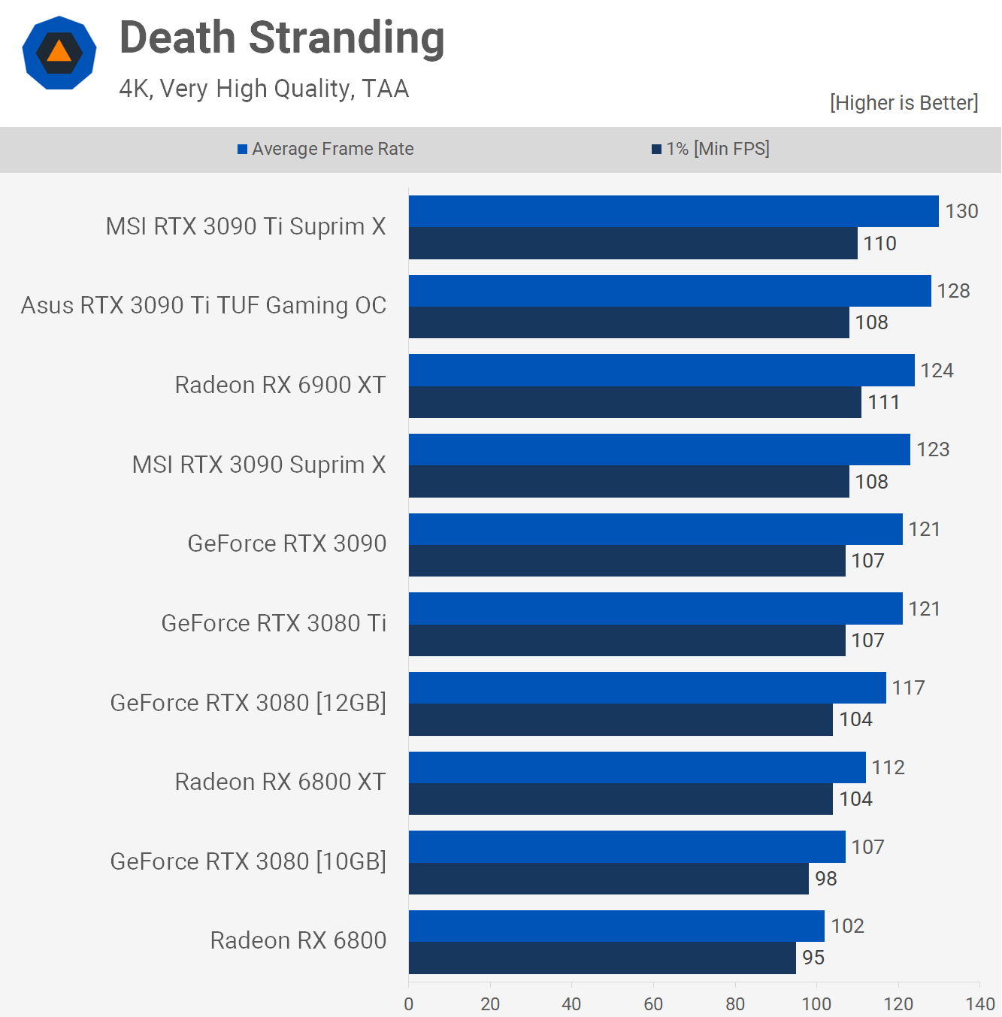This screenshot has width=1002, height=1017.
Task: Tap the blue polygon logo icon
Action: click(x=59, y=53)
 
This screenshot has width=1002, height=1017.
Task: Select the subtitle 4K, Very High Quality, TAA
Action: click(x=264, y=89)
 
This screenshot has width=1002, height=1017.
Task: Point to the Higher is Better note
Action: click(x=904, y=103)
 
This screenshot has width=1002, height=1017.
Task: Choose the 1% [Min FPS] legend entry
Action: click(x=710, y=149)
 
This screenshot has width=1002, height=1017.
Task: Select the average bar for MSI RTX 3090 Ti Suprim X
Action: click(x=674, y=211)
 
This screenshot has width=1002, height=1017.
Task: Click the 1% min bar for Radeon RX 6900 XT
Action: click(x=635, y=402)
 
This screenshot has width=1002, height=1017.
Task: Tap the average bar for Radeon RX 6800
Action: click(x=616, y=926)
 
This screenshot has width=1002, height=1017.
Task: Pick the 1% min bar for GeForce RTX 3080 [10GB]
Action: click(x=609, y=879)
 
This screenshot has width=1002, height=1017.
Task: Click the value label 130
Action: click(x=961, y=211)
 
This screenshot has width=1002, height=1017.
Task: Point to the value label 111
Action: click(x=883, y=402)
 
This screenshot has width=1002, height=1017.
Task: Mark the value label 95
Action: click(x=813, y=958)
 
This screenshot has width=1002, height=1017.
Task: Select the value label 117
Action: click(x=908, y=688)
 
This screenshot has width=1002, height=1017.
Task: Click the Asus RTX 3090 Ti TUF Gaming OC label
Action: click(x=204, y=306)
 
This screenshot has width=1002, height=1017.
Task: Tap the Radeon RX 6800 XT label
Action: click(x=280, y=782)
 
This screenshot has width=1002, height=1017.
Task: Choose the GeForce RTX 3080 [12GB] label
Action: click(x=248, y=703)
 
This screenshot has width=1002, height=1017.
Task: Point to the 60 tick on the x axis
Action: click(x=653, y=1003)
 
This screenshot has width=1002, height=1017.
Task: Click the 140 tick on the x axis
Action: click(x=980, y=1003)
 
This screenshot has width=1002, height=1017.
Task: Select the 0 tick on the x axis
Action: click(x=409, y=1003)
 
